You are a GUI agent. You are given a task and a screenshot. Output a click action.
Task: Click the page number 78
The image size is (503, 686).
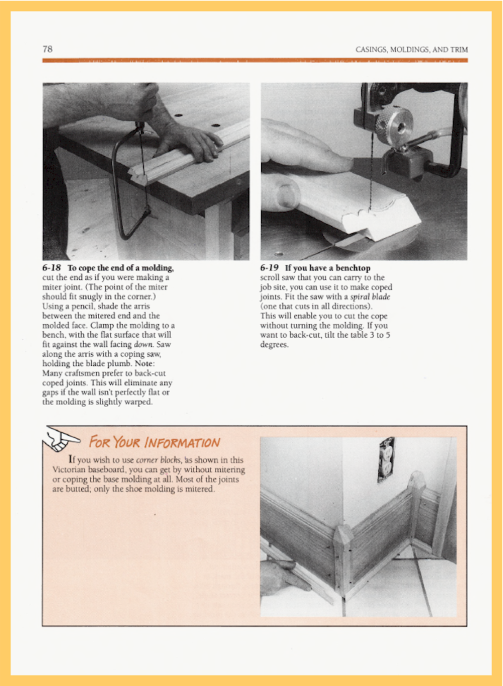[x=48, y=49]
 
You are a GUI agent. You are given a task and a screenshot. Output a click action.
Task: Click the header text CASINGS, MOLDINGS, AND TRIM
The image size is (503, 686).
[x=411, y=49]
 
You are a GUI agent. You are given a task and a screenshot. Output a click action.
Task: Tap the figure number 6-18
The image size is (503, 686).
[x=51, y=268]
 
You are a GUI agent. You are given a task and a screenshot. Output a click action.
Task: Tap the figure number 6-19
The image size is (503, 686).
[x=269, y=268]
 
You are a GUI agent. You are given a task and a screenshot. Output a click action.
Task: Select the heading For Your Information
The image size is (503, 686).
[x=154, y=442]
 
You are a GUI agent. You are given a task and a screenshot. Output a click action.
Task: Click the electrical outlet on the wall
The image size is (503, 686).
[x=386, y=460]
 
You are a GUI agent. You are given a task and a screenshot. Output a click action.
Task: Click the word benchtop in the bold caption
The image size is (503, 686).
[x=353, y=268]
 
